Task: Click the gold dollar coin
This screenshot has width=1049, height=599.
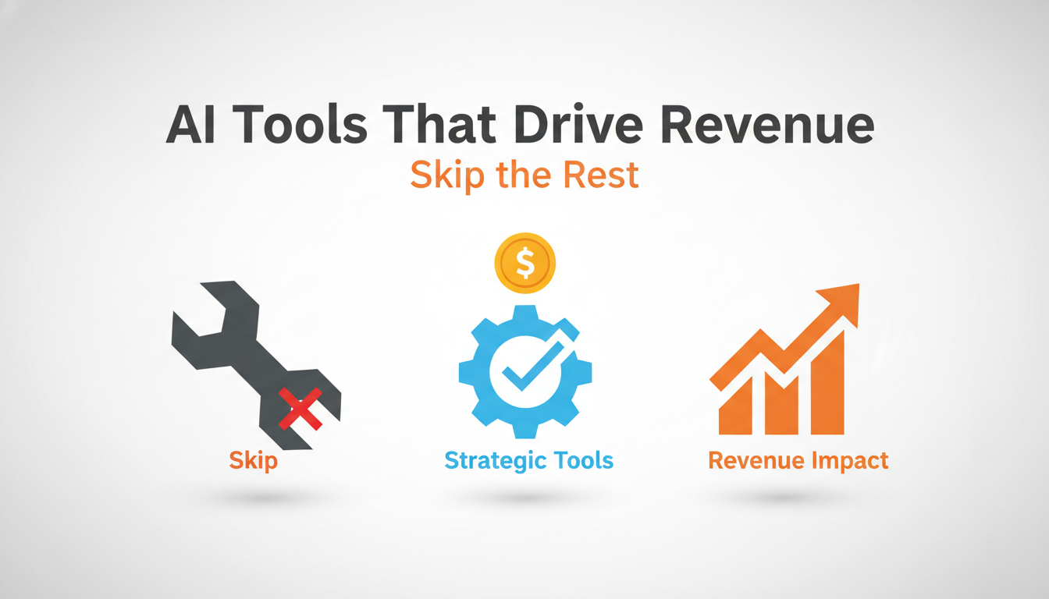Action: (524, 264)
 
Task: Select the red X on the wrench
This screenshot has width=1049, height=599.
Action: (300, 408)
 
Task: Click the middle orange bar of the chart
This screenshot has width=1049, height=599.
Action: (781, 402)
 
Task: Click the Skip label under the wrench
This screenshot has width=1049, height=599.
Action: (253, 460)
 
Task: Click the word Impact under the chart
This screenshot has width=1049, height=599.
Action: (849, 461)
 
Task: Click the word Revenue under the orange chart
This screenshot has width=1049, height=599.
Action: (755, 460)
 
